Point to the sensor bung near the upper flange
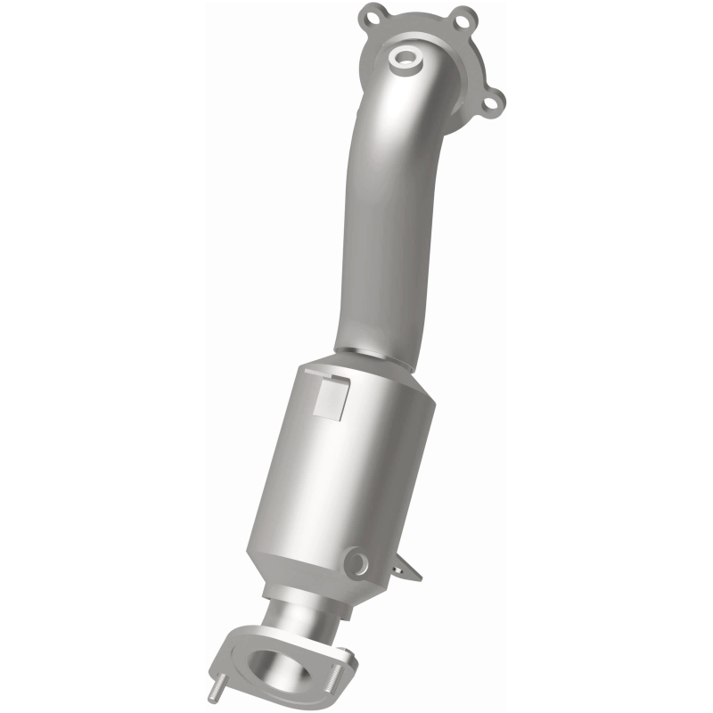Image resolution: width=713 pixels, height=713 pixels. tap(406, 60)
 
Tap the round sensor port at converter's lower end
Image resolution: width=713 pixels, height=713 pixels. tap(358, 561)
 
